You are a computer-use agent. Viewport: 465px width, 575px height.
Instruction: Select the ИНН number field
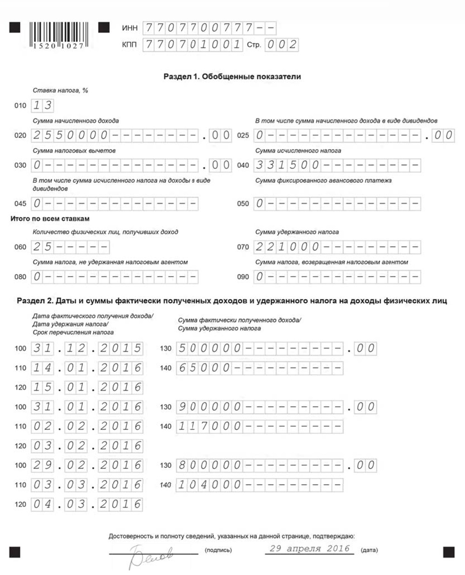tap(209, 28)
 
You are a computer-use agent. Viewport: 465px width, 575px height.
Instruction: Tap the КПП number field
tap(193, 45)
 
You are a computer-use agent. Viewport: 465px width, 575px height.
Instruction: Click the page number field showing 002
tap(281, 45)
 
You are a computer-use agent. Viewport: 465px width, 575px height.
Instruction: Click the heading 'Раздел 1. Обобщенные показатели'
tap(232, 77)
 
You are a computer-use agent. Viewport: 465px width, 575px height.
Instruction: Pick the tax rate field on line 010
tap(42, 106)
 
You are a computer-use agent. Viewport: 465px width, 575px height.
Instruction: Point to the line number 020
tap(20, 136)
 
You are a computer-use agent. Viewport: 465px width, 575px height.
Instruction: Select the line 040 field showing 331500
tap(337, 165)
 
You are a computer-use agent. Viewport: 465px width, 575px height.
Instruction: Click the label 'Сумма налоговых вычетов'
tap(74, 151)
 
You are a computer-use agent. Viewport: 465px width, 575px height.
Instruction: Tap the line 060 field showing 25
tap(70, 247)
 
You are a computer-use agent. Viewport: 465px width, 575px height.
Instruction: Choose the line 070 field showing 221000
tap(337, 247)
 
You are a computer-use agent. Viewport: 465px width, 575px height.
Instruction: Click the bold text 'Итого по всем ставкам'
tap(50, 219)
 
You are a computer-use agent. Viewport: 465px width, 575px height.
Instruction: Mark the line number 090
tap(243, 277)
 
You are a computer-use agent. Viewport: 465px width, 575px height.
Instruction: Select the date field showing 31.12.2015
tap(87, 348)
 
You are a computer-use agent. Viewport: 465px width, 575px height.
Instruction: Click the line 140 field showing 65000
tap(259, 368)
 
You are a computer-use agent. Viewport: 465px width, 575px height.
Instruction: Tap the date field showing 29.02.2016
tap(87, 465)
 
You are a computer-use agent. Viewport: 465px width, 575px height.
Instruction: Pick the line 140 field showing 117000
tap(259, 426)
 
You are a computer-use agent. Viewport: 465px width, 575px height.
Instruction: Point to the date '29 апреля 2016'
tap(309, 548)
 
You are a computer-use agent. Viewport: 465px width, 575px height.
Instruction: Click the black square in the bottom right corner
tap(448, 552)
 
